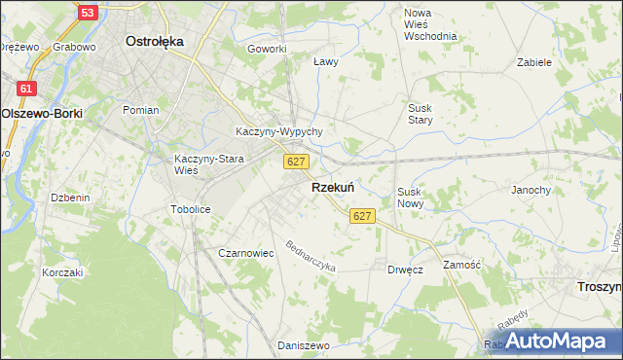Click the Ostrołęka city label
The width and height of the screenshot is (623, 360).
point(156,42)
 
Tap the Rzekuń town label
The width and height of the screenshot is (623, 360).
point(332,187)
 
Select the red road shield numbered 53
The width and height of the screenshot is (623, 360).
point(88,13)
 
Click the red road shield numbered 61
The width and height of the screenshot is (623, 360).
point(26,89)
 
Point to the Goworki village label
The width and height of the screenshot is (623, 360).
point(267,49)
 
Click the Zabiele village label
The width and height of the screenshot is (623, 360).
point(535,61)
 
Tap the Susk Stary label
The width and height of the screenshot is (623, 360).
point(421,114)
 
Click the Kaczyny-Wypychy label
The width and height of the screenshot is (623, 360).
point(279,131)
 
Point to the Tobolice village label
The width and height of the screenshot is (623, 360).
point(190,209)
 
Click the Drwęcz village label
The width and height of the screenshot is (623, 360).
point(405,270)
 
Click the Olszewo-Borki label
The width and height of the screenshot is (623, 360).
point(42,113)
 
